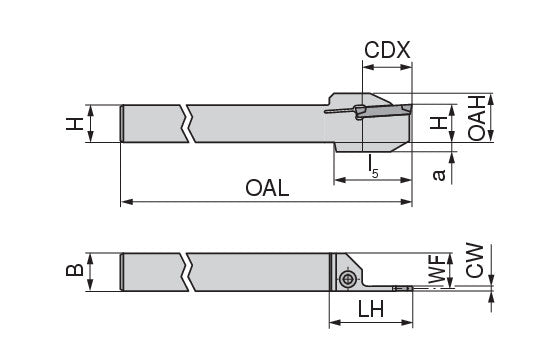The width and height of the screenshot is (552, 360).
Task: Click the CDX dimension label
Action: coord(387,50)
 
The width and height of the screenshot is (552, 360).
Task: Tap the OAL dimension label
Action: coord(267,188)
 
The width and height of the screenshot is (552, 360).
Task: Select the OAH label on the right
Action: coord(477,118)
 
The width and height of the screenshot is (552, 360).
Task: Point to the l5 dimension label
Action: coord(373,165)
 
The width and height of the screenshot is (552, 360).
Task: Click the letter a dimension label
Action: coord(439,175)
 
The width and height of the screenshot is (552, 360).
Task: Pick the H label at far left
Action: coord(75,124)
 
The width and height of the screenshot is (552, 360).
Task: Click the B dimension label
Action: coord(75,270)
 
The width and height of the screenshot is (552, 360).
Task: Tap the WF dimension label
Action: coord(438,270)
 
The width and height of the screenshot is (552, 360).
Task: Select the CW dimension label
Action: coord(475,260)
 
